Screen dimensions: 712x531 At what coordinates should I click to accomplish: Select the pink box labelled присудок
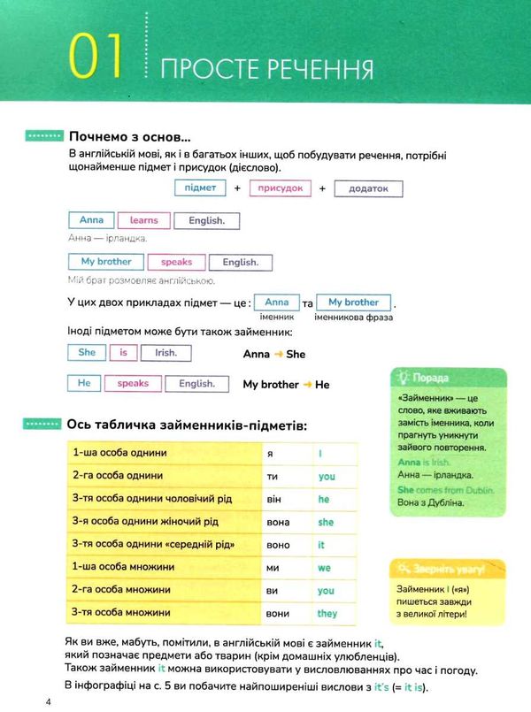tap(280, 188)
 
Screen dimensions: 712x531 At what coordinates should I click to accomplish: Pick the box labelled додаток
tap(368, 188)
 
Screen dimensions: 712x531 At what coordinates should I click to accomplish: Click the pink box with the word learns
tap(143, 220)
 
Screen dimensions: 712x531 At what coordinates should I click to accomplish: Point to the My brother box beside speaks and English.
tap(105, 262)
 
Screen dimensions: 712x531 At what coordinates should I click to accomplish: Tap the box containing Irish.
tap(166, 352)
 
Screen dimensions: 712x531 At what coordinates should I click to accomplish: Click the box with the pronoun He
tap(84, 384)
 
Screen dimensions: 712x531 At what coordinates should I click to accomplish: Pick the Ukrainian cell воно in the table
tap(278, 545)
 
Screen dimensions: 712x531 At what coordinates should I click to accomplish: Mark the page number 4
tap(36, 702)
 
